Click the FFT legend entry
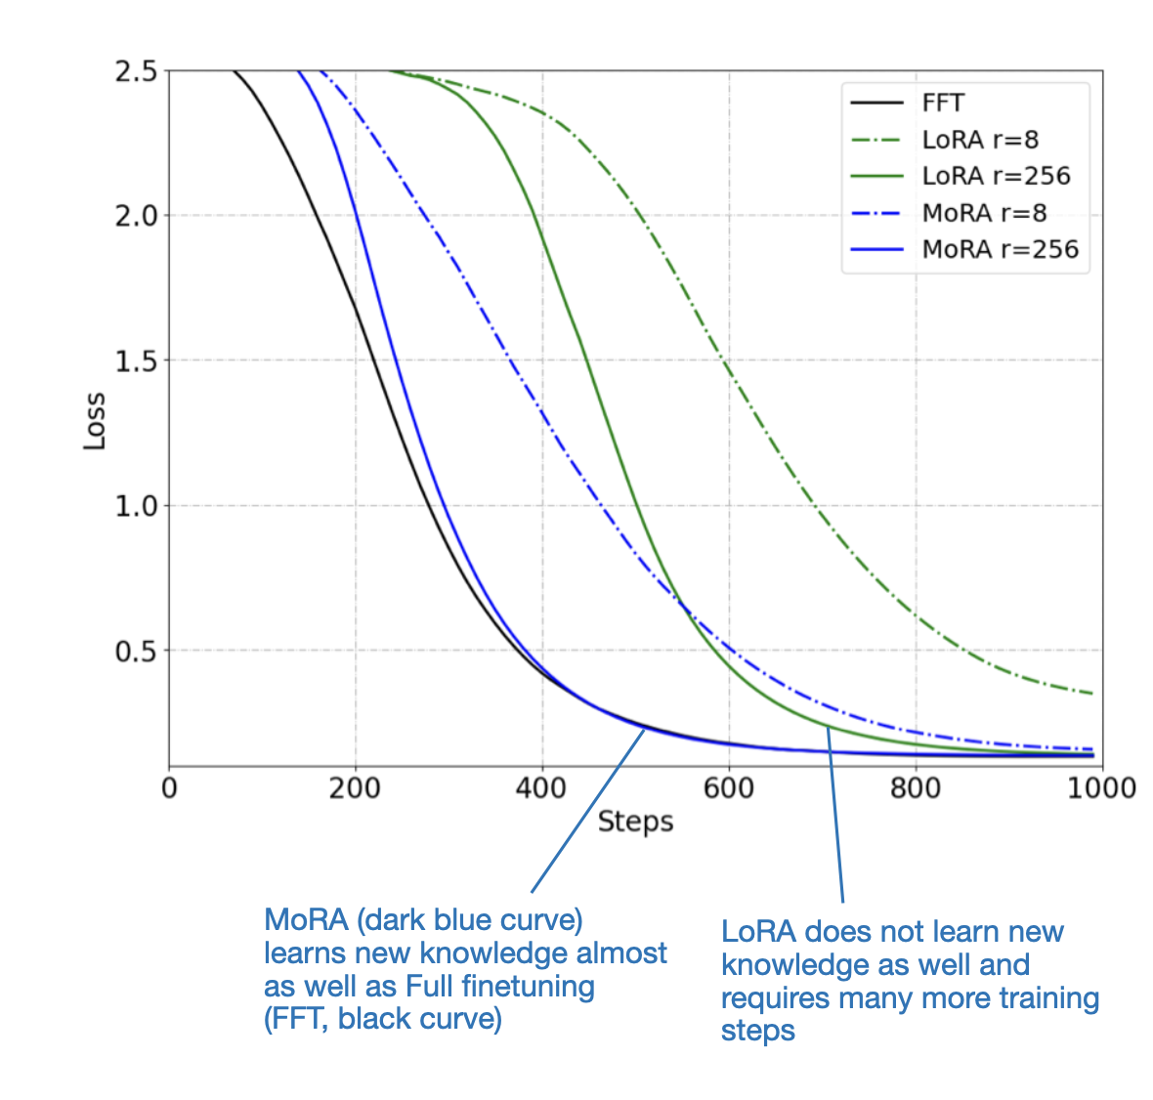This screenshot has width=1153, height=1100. [x=943, y=104]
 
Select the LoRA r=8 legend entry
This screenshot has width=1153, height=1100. [x=980, y=140]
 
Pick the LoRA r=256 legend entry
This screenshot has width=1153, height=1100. [x=996, y=176]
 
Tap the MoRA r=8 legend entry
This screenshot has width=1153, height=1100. [x=984, y=213]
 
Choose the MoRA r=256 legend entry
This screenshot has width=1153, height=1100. [x=1000, y=249]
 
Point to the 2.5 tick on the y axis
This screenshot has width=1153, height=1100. [x=136, y=71]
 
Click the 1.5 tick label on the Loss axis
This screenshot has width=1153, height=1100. [x=136, y=360]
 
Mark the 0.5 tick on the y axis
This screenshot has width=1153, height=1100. [x=136, y=651]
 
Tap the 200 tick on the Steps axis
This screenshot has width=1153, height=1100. [x=355, y=787]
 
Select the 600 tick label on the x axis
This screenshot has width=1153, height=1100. [x=728, y=787]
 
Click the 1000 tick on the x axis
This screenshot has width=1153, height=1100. [x=1101, y=787]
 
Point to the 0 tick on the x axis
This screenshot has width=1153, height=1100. [x=169, y=787]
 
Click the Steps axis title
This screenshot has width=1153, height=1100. [x=635, y=822]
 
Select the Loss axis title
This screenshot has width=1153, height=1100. [x=95, y=420]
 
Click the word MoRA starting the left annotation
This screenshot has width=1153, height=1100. [x=306, y=920]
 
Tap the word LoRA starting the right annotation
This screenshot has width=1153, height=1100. [x=758, y=932]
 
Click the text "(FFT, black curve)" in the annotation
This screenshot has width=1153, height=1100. [x=383, y=1019]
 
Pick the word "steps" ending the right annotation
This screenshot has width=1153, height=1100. [x=757, y=1032]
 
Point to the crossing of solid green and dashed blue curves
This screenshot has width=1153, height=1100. [x=681, y=607]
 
